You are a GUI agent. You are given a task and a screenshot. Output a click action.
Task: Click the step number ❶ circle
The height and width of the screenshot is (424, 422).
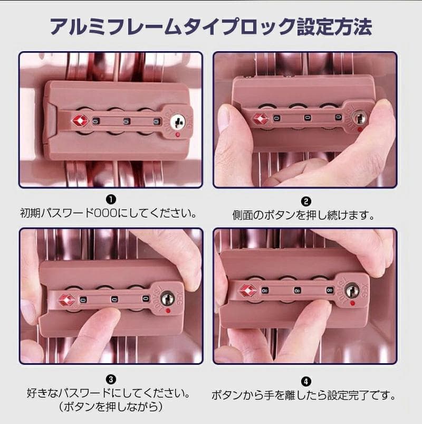click(x=111, y=200)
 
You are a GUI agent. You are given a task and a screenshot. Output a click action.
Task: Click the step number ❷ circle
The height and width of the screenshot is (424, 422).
click(x=306, y=202)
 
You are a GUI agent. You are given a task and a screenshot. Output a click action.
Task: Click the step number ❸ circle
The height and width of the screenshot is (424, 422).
click(x=111, y=380)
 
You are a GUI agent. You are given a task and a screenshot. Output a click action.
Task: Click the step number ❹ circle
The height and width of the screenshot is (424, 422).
click(x=306, y=382)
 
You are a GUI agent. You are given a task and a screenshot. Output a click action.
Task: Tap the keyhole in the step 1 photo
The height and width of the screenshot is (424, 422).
click(x=178, y=121)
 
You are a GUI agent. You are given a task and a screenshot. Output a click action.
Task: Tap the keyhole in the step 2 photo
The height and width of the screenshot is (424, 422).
click(x=360, y=118)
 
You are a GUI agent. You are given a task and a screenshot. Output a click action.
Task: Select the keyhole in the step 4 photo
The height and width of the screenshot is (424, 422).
click(x=352, y=290)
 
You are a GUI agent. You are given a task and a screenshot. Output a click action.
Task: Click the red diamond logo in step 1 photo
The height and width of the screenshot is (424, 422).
click(x=80, y=120)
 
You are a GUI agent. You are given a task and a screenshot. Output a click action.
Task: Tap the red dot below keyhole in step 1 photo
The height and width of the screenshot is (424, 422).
click(x=177, y=135)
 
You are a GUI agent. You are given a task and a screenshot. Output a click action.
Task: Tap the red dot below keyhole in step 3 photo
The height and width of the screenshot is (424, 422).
click(x=168, y=310)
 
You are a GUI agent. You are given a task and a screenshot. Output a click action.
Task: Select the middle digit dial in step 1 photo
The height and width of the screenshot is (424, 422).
click(x=127, y=121)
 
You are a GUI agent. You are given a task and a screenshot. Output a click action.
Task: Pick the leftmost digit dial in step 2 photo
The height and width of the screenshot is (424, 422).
click(x=276, y=118)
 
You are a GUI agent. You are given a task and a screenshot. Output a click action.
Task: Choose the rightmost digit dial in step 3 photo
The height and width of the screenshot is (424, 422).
click(x=146, y=298)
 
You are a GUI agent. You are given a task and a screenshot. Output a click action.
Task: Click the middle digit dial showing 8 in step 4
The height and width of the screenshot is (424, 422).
click(x=298, y=290)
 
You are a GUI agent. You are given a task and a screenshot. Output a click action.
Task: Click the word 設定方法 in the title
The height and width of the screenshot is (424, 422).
click(x=335, y=27)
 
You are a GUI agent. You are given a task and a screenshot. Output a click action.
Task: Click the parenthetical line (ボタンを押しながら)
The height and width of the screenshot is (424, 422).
click(x=111, y=407)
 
